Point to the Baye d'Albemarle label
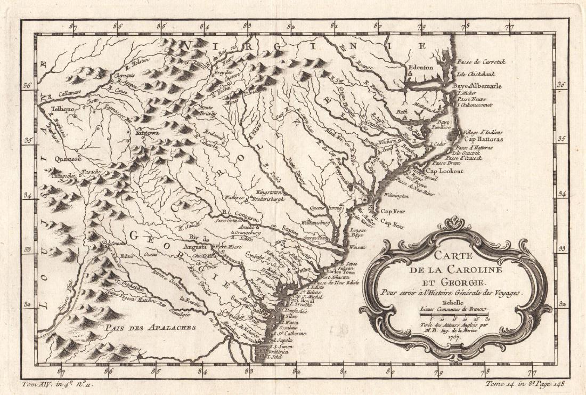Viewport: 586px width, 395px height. click(x=477, y=86)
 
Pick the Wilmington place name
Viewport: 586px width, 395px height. click(x=395, y=196)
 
